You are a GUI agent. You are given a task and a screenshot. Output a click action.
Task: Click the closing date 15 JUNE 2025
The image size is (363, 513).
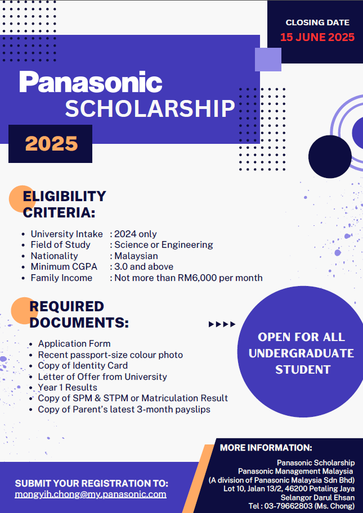click(x=317, y=38)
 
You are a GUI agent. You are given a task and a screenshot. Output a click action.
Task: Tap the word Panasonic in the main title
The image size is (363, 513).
click(x=91, y=82)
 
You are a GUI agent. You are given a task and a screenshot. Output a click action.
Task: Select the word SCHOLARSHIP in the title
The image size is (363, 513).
click(x=150, y=108)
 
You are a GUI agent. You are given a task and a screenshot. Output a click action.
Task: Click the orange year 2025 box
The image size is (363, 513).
click(x=51, y=143)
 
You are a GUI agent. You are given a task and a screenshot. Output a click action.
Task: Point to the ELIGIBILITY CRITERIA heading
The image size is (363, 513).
click(x=64, y=204)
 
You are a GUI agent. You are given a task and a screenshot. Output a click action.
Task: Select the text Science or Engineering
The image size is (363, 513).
click(x=164, y=244)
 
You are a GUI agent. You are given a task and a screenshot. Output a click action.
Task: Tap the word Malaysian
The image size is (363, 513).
click(x=136, y=256)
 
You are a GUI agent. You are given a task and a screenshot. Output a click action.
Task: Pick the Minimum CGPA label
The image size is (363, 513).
click(x=64, y=266)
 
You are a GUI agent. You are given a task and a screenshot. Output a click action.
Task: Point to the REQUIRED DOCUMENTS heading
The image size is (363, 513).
click(x=79, y=315)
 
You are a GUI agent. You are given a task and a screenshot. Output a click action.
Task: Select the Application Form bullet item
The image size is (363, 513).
click(x=74, y=343)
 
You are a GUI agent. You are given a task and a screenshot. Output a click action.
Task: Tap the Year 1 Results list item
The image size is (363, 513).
click(x=68, y=387)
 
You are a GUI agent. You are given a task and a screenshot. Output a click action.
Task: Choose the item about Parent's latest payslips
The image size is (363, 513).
click(x=124, y=409)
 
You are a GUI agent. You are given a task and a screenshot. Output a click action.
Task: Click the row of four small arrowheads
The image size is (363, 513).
click(x=222, y=324)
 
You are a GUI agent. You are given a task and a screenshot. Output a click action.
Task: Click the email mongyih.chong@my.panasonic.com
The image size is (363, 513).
click(x=91, y=494)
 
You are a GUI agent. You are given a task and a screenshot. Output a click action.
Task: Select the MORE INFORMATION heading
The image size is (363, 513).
click(x=266, y=448)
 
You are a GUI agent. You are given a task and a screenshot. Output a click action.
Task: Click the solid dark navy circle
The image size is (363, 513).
click(x=330, y=156)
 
